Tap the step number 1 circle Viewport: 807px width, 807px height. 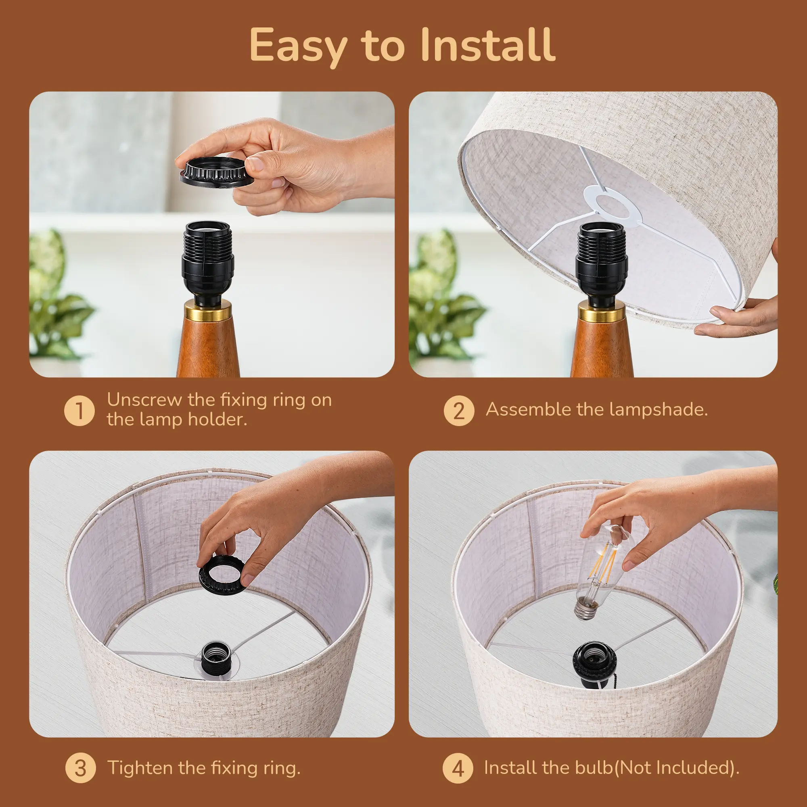[79, 411]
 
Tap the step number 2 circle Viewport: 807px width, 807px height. [459, 411]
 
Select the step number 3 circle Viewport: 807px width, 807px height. [81, 768]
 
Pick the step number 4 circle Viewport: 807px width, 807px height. [458, 768]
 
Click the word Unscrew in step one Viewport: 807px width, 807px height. [144, 400]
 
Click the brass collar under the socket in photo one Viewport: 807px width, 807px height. [207, 312]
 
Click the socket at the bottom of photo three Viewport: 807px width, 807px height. [215, 656]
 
